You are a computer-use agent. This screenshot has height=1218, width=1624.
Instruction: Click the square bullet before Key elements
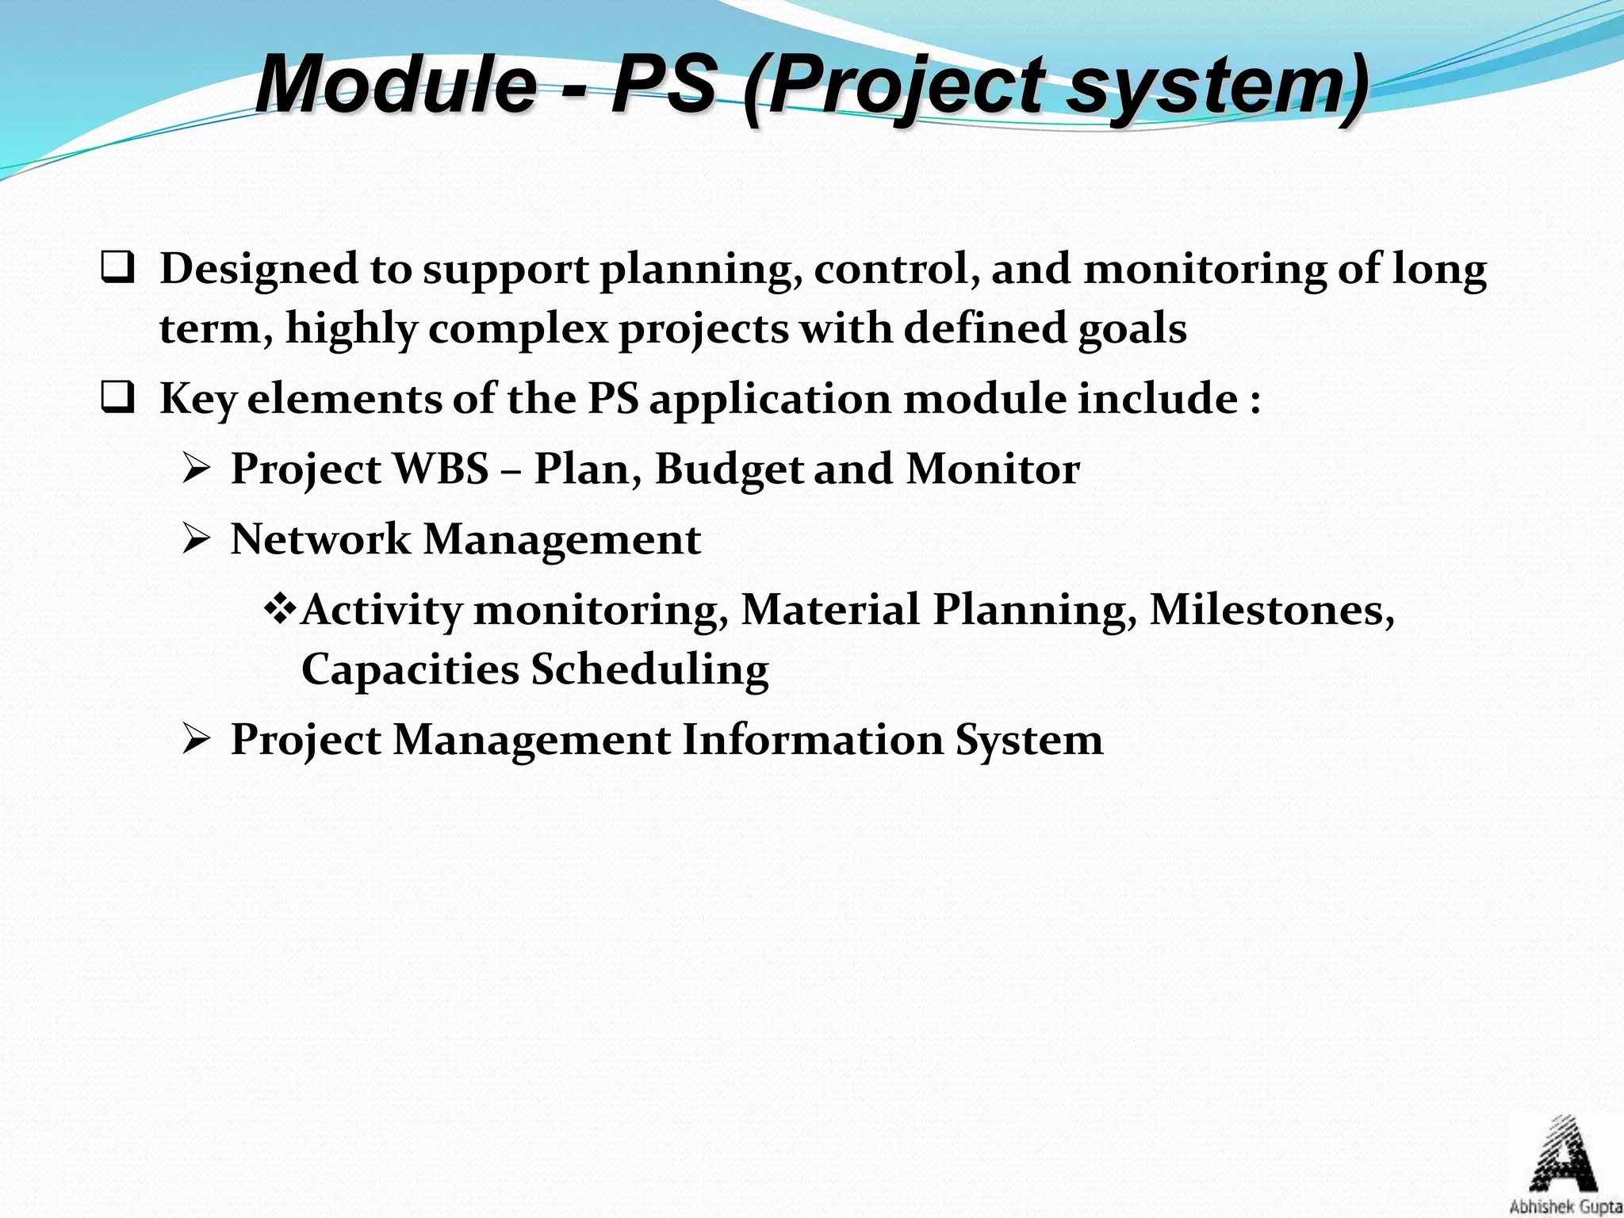click(117, 398)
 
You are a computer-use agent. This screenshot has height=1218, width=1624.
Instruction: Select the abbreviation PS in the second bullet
click(613, 398)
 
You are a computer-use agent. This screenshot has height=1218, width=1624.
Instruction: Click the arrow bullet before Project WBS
click(195, 469)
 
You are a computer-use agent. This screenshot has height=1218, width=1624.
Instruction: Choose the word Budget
click(729, 469)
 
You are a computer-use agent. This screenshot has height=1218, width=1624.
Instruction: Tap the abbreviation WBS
click(441, 469)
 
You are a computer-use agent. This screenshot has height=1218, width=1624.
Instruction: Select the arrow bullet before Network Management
click(195, 540)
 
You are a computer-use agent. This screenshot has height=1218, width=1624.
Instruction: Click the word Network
click(320, 539)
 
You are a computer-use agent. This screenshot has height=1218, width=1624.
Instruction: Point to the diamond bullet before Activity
click(280, 609)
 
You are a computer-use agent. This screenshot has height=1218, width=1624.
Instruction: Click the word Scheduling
click(649, 669)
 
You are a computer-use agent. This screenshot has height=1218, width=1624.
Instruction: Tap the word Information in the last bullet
click(813, 740)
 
